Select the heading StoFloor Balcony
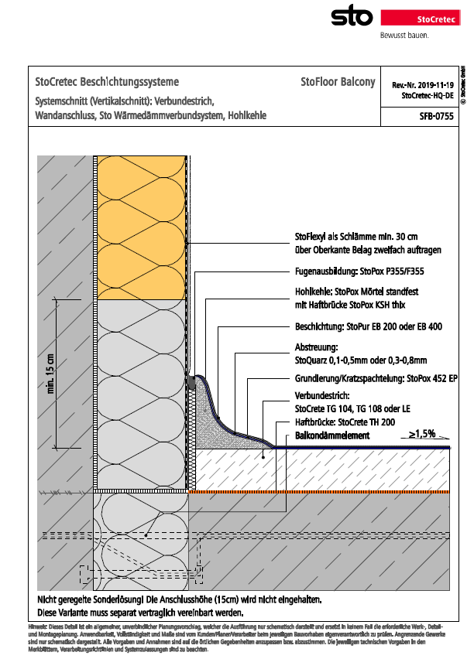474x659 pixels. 338,82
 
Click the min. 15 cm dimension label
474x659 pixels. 51,375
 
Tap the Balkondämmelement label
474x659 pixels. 332,436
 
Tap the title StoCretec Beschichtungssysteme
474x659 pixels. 108,82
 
